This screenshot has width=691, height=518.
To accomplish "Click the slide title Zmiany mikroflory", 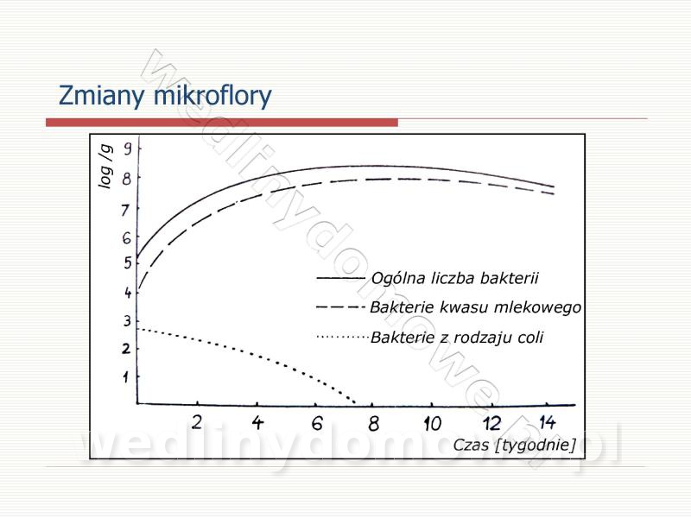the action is coord(165,96).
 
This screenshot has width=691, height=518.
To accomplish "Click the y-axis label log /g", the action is coord(105,167).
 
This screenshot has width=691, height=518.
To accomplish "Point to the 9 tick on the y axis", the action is coord(127,148).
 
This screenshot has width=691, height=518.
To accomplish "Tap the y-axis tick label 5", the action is coord(128,263).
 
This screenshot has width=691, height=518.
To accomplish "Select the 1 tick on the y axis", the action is coord(126,377).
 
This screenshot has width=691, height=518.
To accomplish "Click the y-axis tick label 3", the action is coord(127,320).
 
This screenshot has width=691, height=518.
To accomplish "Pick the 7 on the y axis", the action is coord(126,210).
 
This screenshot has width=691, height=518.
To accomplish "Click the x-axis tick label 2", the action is coord(197,422).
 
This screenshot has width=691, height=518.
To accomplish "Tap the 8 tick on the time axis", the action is coord(374,424).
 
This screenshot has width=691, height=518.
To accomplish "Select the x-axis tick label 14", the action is coord(548,422).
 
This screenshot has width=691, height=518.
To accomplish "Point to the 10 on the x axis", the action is coord(433,424).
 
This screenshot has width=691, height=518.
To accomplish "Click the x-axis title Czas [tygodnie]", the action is coord(514,445).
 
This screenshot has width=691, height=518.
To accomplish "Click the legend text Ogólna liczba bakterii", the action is coord(455,278).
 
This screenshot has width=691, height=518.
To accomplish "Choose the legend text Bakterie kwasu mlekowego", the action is coord(476,307).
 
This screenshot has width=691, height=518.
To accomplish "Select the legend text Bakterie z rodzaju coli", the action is coord(457,338).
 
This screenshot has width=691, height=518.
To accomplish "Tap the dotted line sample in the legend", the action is coord(342,338).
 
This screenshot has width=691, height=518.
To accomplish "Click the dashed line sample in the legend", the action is coord(340,307).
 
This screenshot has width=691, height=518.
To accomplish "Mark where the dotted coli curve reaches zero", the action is coord(355,402).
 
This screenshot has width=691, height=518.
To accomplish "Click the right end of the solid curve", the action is coord(554,186).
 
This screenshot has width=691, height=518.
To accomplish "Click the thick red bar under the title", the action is coord(222,123).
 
